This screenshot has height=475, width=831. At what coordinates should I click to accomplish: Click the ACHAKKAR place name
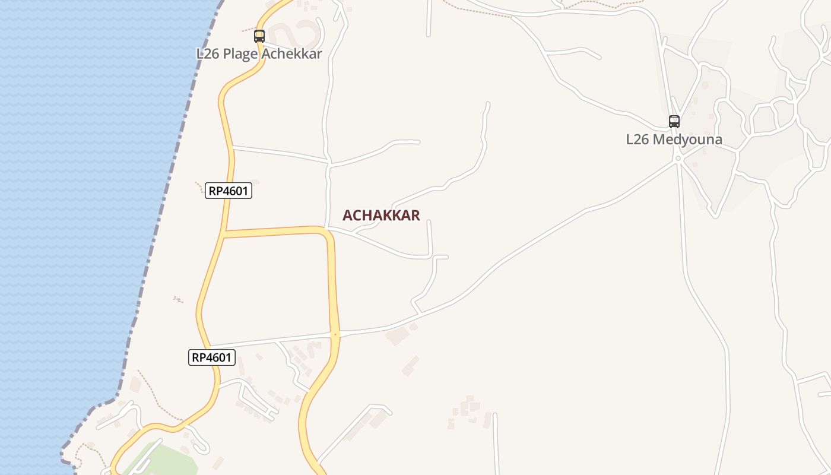click(381, 216)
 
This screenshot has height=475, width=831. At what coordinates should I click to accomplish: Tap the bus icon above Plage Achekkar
click(259, 36)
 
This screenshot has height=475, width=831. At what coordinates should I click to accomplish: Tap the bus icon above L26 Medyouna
click(674, 122)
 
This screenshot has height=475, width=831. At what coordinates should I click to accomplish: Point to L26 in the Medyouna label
click(638, 140)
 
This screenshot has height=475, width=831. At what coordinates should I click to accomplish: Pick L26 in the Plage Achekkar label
click(208, 54)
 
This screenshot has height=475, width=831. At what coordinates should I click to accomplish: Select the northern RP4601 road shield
click(229, 191)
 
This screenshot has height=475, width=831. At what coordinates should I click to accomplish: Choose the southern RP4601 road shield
click(212, 357)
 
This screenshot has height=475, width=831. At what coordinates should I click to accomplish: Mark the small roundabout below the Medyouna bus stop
click(677, 159)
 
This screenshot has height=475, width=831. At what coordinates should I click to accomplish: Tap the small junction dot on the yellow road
click(335, 335)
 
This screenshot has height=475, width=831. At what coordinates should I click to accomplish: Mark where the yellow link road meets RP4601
click(224, 234)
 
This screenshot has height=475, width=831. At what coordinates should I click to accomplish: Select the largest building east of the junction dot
click(397, 336)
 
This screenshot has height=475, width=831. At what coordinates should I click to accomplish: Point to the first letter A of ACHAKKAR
click(347, 216)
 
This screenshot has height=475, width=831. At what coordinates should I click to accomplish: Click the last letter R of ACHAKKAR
click(415, 216)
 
